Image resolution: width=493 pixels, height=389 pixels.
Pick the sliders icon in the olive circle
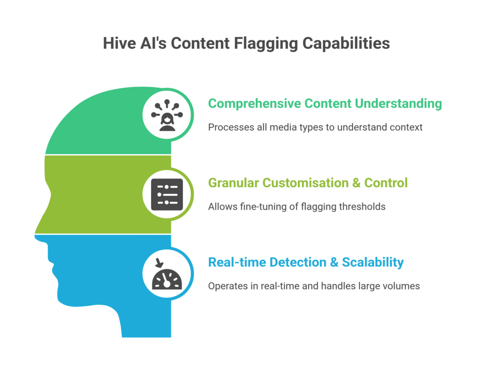click(167, 194)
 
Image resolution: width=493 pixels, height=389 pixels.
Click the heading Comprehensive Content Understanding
click(324, 103)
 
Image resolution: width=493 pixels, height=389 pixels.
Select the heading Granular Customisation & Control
click(308, 183)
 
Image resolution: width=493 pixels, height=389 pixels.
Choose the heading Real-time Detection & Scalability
click(305, 262)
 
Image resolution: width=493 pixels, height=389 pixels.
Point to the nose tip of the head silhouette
click(37, 235)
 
